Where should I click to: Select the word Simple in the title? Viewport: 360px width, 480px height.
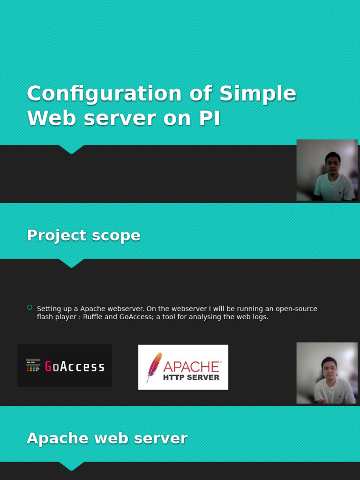[x=257, y=94]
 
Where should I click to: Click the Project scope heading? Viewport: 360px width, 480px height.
[x=83, y=235]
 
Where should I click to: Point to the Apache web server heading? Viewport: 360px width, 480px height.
[x=107, y=438]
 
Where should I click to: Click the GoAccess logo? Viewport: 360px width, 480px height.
[x=65, y=366]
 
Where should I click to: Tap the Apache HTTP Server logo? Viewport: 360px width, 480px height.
[x=183, y=367]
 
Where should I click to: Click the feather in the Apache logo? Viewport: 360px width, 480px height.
[x=153, y=367]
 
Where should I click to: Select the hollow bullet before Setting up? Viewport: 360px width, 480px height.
[x=30, y=307]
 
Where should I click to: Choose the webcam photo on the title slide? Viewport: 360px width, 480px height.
[x=327, y=170]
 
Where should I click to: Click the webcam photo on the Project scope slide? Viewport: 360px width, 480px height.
[x=327, y=373]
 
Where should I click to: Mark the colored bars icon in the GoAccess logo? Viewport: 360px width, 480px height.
[x=33, y=366]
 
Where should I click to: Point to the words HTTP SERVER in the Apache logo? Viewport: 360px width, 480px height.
[x=191, y=377]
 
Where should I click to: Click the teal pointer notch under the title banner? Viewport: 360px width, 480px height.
[x=71, y=149]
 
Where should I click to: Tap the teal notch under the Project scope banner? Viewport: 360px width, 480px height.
[x=71, y=263]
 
